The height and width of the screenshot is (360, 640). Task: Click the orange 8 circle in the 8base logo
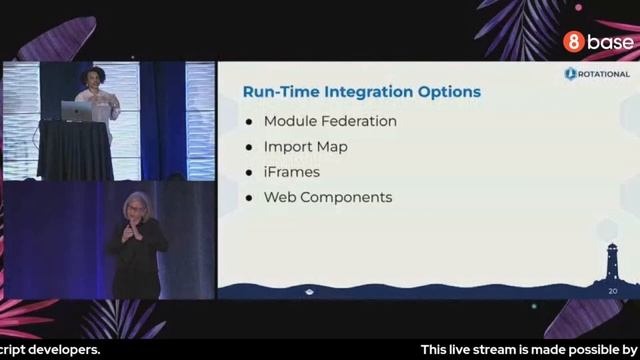click(573, 42)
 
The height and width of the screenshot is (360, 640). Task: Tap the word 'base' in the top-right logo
click(610, 42)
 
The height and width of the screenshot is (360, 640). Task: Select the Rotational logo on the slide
click(597, 74)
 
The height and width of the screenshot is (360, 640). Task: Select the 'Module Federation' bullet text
click(330, 121)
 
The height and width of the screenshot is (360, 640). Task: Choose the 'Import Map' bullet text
click(305, 146)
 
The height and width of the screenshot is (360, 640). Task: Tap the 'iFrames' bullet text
click(291, 172)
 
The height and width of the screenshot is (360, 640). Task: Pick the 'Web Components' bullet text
click(327, 197)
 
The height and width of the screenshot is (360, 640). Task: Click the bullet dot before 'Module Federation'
click(249, 122)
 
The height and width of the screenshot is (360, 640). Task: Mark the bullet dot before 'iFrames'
click(249, 172)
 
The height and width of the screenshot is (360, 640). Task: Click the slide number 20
click(613, 291)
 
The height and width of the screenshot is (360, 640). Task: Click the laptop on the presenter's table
click(76, 111)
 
